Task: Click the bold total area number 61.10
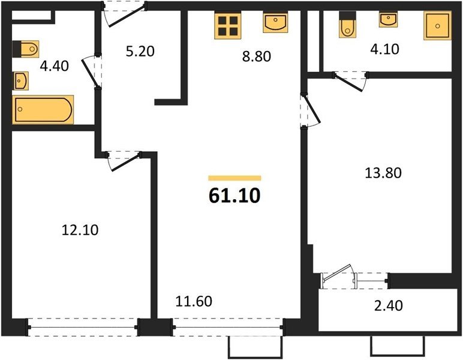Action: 234,196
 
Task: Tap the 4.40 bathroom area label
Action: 55,66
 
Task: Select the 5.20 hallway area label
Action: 140,52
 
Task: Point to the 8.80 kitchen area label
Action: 256,56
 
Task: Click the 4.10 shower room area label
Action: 384,49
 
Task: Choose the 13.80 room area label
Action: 383,173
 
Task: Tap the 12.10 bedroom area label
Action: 80,230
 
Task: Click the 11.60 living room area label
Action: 194,301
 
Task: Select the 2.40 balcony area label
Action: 388,305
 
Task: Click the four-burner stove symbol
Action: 228,26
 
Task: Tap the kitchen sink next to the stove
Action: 275,22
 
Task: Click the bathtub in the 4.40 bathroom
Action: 43,110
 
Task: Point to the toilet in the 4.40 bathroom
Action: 26,49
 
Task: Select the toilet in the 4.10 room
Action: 347,25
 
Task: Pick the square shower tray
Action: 438,25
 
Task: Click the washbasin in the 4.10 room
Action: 388,19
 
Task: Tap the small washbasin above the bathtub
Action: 20,80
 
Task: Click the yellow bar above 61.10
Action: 234,178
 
